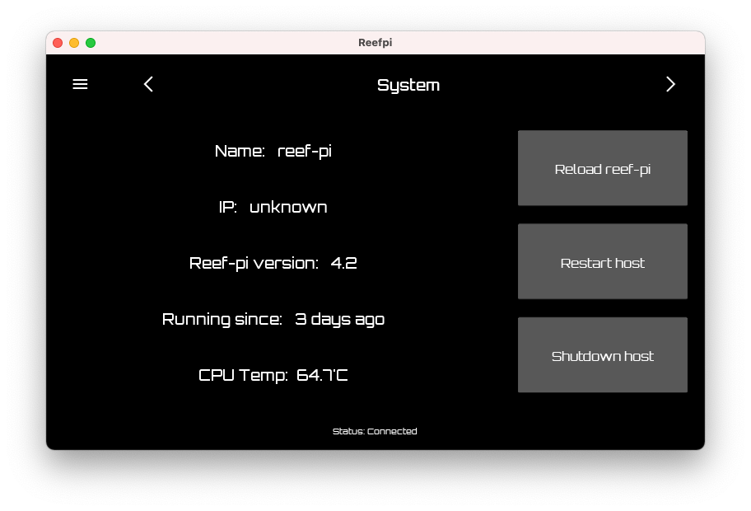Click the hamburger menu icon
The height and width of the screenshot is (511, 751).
[80, 84]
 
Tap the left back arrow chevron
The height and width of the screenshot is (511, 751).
[148, 84]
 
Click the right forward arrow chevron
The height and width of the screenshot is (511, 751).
[670, 84]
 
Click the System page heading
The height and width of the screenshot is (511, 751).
[408, 85]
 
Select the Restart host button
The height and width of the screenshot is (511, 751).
[602, 262]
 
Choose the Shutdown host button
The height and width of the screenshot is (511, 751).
[602, 355]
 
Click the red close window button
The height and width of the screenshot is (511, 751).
[58, 43]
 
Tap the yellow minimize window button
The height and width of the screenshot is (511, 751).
[74, 43]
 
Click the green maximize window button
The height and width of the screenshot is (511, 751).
[91, 43]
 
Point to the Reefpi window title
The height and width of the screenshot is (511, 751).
[375, 43]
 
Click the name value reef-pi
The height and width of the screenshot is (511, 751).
[305, 151]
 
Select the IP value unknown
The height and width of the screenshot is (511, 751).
[288, 207]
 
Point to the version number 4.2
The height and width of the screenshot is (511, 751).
[343, 263]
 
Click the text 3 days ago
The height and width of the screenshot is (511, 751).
[339, 319]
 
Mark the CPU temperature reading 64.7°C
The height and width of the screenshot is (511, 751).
[322, 375]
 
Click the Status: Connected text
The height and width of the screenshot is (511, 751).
[375, 431]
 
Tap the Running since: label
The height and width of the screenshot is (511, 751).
[222, 319]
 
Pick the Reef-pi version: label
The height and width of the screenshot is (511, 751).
[254, 263]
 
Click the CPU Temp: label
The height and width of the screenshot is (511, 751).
[243, 375]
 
